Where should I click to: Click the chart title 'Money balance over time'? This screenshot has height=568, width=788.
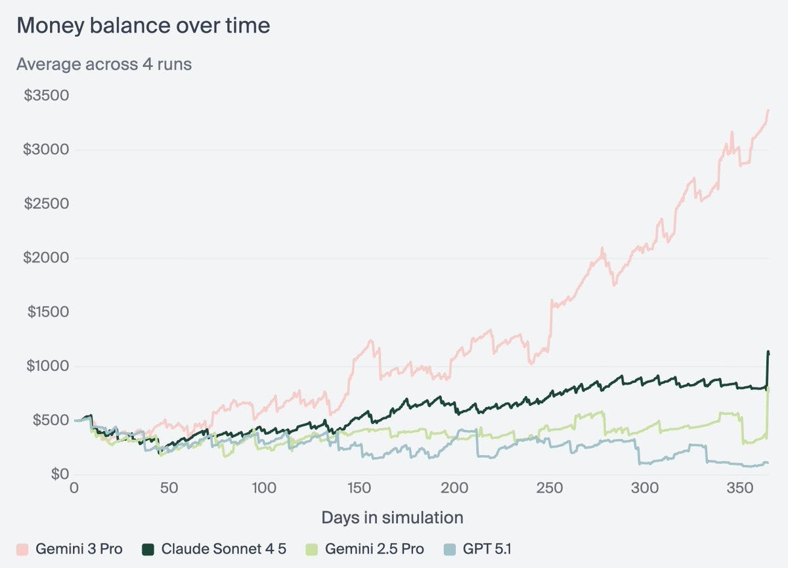[x=142, y=26]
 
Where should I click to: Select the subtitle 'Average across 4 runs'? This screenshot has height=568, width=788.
[x=104, y=64]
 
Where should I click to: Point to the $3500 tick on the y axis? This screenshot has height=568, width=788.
[x=47, y=96]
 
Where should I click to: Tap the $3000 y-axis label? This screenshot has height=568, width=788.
[x=47, y=150]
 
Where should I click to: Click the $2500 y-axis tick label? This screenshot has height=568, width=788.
[x=47, y=204]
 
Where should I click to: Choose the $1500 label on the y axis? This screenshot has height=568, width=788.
[x=47, y=312]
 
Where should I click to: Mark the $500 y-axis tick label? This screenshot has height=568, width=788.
[x=51, y=420]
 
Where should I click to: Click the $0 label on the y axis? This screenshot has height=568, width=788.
[x=59, y=474]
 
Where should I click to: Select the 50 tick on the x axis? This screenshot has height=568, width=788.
[x=169, y=489]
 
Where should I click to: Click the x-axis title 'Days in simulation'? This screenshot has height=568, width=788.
[x=392, y=517]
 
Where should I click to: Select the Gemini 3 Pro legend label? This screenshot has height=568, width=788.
[x=79, y=549]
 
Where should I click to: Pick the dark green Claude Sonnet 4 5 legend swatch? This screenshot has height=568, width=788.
[x=148, y=549]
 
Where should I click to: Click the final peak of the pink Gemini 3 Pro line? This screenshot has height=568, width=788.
[x=768, y=110]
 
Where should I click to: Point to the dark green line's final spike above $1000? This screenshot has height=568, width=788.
[x=768, y=353]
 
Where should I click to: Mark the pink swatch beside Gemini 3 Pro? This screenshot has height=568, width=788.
[x=22, y=549]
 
